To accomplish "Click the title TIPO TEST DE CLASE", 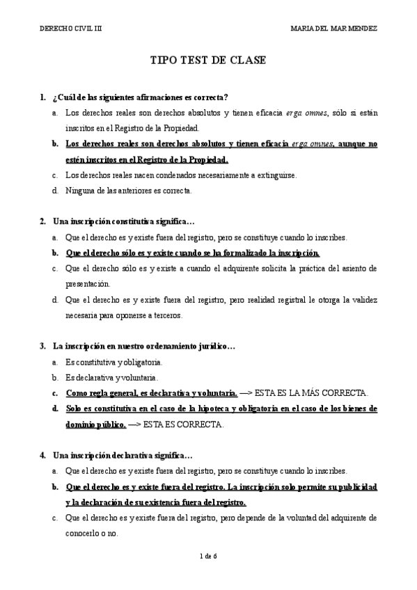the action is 208,61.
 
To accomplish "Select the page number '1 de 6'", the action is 208,556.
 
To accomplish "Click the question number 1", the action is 43,96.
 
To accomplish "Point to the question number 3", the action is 43,345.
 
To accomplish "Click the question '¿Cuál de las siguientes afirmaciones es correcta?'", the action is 141,96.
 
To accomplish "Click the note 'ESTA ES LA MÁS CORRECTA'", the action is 312,392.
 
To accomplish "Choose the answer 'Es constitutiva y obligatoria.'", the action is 113,362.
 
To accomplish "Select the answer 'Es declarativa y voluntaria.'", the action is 111,377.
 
